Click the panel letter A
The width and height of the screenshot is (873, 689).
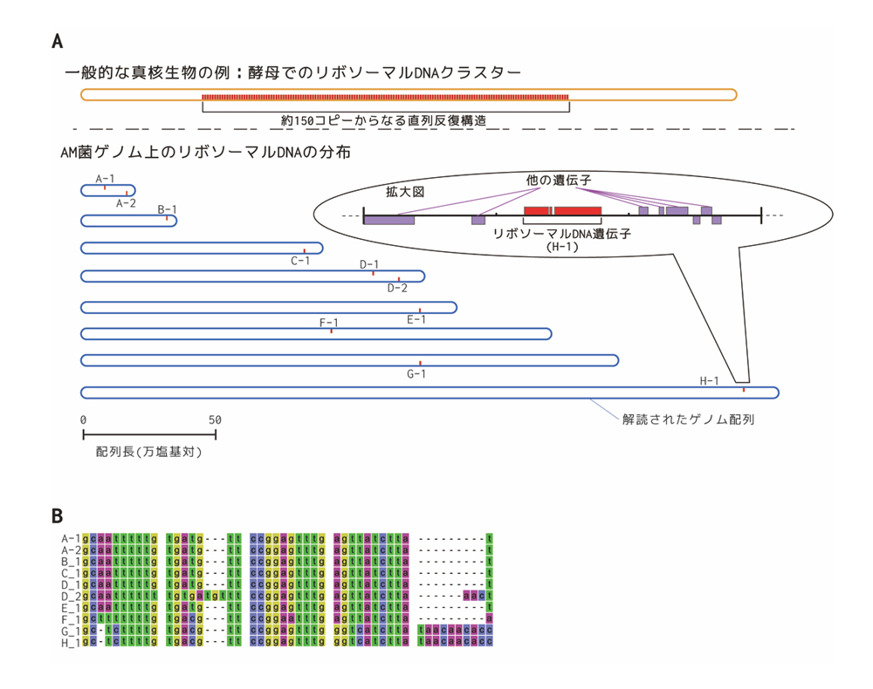tap(58, 41)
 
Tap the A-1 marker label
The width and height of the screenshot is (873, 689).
tap(105, 178)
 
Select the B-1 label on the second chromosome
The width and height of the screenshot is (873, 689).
tap(167, 209)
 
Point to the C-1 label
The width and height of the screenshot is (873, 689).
tap(300, 259)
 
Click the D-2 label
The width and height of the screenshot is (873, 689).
tap(397, 287)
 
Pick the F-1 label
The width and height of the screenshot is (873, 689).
tap(329, 323)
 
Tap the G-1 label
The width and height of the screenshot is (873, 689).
tap(417, 373)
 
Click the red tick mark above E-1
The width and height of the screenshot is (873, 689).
tap(420, 310)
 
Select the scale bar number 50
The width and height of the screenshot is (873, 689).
tap(215, 420)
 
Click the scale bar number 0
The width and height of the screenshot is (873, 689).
tap(83, 420)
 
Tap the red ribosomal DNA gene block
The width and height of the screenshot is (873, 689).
tap(562, 211)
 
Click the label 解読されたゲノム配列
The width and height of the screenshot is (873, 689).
tap(688, 419)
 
